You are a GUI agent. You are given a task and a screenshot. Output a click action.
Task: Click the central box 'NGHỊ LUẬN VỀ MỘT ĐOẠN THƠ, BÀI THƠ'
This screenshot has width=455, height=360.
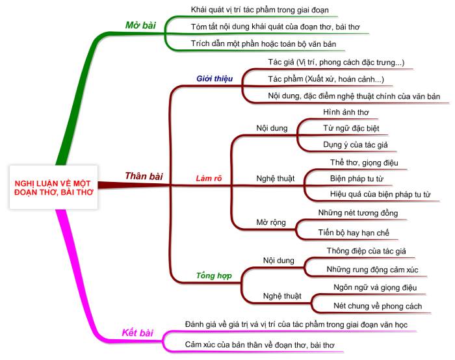(x=54, y=187)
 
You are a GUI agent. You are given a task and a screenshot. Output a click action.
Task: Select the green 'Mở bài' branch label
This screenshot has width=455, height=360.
(x=140, y=25)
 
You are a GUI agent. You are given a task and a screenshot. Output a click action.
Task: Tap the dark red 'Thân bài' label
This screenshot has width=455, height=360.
(x=144, y=176)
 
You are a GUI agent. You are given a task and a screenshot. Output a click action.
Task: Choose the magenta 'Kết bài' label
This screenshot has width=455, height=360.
(x=137, y=333)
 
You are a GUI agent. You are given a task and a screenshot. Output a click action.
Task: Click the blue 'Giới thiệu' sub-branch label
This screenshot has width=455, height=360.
(x=214, y=79)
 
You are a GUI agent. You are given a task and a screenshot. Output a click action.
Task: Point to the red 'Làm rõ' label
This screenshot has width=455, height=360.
(x=209, y=178)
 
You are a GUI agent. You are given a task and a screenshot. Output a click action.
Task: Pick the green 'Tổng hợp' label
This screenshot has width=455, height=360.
(x=214, y=276)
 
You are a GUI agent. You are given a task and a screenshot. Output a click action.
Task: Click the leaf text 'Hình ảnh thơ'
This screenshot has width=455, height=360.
(x=346, y=112)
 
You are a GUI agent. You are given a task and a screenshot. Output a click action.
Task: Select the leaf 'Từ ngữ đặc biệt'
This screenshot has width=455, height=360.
(x=351, y=128)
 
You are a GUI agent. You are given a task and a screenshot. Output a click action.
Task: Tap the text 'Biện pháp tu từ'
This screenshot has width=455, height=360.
(x=357, y=179)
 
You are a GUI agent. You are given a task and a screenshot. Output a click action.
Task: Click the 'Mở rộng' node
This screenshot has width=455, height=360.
(x=271, y=222)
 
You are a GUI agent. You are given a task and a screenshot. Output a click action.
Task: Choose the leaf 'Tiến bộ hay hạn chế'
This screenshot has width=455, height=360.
(x=354, y=233)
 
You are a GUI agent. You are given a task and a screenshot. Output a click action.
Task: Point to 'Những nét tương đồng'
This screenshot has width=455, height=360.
(x=358, y=213)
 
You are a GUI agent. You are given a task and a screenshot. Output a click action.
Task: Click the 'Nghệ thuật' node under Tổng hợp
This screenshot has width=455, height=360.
(x=282, y=296)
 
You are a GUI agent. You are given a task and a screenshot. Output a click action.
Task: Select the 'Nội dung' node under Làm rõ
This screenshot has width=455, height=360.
(x=272, y=128)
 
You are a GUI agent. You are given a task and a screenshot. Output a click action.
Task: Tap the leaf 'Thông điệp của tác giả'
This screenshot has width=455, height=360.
(x=366, y=251)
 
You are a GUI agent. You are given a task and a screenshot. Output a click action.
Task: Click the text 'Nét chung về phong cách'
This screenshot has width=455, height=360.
(x=378, y=306)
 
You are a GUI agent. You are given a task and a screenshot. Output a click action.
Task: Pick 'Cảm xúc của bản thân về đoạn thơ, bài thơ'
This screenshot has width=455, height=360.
(x=260, y=345)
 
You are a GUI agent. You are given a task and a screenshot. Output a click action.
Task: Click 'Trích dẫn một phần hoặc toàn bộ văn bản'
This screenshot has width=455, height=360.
(x=263, y=44)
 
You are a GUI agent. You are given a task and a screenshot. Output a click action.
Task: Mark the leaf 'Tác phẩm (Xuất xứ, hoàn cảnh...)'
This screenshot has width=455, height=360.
(x=326, y=79)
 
